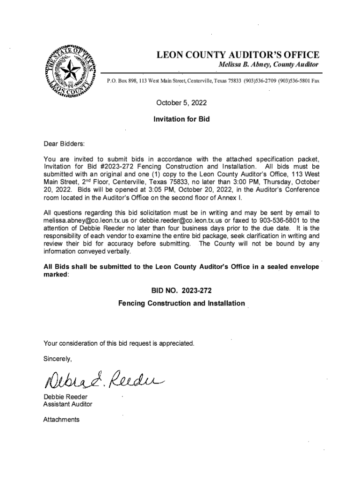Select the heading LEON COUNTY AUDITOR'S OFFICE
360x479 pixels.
[238, 55]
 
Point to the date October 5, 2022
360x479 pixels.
[181, 102]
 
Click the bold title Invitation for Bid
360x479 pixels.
[181, 119]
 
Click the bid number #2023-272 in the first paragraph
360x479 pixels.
[116, 167]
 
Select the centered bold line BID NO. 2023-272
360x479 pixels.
[181, 290]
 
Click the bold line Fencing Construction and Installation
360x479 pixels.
[181, 304]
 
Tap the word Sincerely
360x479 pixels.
[58, 359]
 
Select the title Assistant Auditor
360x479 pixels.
[68, 404]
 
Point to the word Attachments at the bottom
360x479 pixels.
[61, 420]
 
